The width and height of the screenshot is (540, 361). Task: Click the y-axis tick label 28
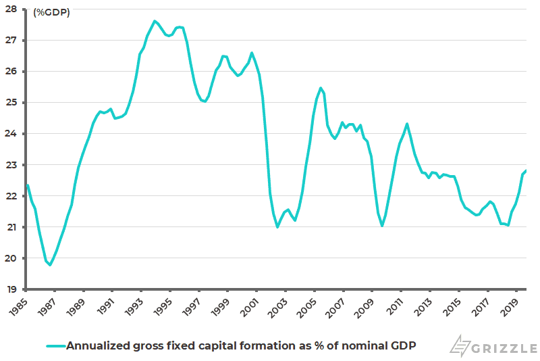[x=13, y=9]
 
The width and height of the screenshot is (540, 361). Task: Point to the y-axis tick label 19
[x=13, y=289]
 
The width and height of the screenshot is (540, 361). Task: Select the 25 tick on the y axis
[x=13, y=103]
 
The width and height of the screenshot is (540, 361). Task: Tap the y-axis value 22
[x=13, y=196]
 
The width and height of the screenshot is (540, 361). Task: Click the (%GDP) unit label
[x=51, y=11]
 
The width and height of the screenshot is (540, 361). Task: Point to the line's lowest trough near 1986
[x=50, y=265]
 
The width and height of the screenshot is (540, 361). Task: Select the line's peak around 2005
[x=321, y=88]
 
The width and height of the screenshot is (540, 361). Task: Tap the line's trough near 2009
[x=382, y=226]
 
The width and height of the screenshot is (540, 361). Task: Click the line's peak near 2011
[x=407, y=124]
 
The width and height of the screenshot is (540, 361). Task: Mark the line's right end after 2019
[x=526, y=171]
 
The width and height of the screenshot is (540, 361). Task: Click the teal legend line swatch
[x=55, y=345]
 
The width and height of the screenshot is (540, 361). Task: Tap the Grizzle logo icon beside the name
[x=461, y=345]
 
